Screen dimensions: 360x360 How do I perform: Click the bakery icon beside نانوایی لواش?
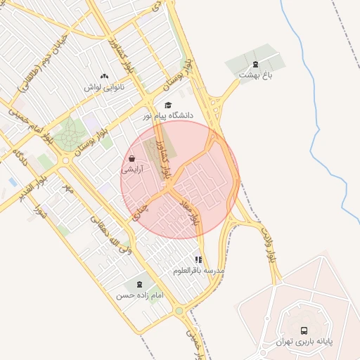point(104,76)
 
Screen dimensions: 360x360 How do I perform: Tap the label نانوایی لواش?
point(104,87)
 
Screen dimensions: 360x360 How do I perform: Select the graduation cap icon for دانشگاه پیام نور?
point(167,105)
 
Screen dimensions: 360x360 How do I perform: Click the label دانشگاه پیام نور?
point(168,115)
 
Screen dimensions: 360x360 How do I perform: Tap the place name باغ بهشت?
point(255,75)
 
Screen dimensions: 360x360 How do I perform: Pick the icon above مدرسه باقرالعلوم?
point(199,259)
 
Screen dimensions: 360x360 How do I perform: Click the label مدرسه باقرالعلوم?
point(199,270)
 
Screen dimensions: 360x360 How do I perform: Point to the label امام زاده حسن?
point(139,296)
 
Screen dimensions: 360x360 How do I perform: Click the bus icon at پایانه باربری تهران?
point(304,330)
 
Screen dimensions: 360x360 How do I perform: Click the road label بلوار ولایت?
point(267,244)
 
